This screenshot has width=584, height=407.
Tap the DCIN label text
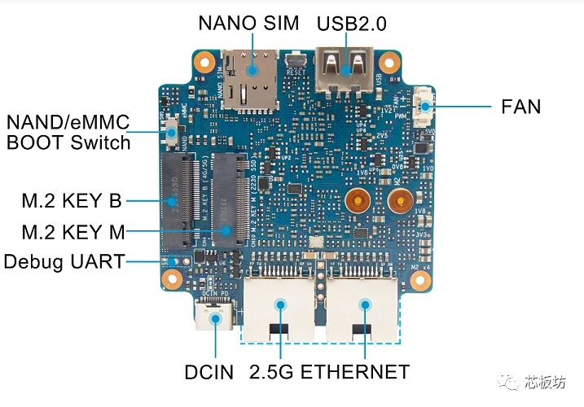click(x=209, y=373)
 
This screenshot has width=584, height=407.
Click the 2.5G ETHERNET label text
click(x=330, y=373)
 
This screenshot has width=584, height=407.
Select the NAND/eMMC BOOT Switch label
click(x=68, y=133)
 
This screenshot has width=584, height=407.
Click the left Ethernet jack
click(x=280, y=305)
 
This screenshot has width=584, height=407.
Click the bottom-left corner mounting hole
click(x=172, y=278)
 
